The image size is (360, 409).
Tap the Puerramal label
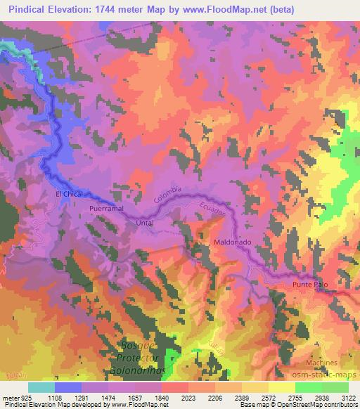(x=107, y=209)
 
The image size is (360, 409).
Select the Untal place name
(x=145, y=223)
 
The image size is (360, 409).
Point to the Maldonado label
(x=232, y=242)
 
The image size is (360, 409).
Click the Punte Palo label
(x=310, y=284)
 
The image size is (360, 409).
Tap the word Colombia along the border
(x=169, y=197)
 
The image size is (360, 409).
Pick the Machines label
(x=322, y=363)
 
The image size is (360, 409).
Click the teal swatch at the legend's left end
(x=41, y=387)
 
